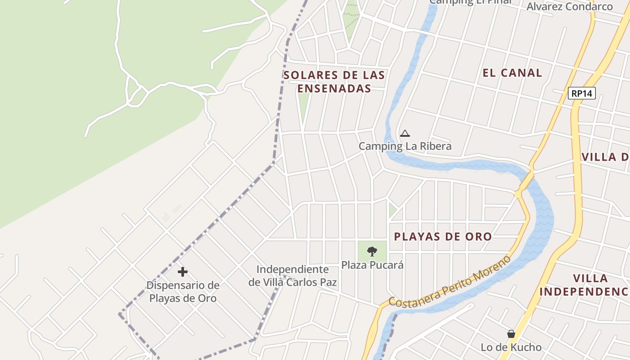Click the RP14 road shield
pyautogui.click(x=581, y=94)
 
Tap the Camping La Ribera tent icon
pyautogui.click(x=405, y=133)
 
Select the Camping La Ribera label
pyautogui.click(x=405, y=146)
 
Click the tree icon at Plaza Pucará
pyautogui.click(x=372, y=252)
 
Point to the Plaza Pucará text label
pyautogui.click(x=372, y=265)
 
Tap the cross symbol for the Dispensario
pyautogui.click(x=183, y=272)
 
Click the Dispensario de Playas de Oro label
pyautogui.click(x=183, y=292)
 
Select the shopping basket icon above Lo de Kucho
pyautogui.click(x=511, y=334)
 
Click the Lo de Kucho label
pyautogui.click(x=511, y=347)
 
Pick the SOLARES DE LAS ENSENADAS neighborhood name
pyautogui.click(x=334, y=81)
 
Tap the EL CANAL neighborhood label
pyautogui.click(x=512, y=73)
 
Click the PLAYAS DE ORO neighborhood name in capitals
pyautogui.click(x=443, y=237)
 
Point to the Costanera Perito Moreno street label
pyautogui.click(x=450, y=282)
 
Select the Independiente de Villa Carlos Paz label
pyautogui.click(x=293, y=276)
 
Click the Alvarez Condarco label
pyautogui.click(x=569, y=6)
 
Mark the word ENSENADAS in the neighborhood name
pyautogui.click(x=334, y=89)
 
